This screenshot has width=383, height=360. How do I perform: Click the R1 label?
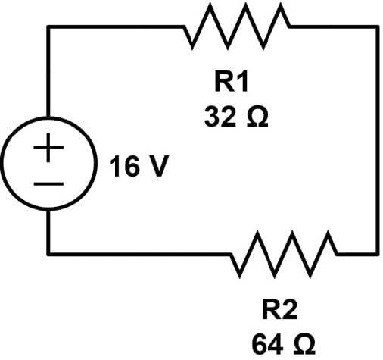232,82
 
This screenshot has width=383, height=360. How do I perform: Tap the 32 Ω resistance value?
236,117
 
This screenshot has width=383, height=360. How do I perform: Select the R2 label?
279,309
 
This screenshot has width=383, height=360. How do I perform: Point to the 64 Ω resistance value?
283,344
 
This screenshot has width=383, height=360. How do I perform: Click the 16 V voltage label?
139,167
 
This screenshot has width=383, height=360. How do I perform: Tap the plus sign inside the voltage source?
48,147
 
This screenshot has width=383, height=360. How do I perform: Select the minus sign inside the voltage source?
48,183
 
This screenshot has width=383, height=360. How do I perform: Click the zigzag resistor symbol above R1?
237,27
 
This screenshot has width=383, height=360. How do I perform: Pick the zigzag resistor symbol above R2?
284,255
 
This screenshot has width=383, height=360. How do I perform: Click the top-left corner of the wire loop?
48,27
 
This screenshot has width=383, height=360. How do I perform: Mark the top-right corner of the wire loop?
378,27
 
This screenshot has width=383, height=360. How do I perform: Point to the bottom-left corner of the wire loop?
48,254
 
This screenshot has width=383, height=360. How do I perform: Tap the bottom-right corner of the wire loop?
378,254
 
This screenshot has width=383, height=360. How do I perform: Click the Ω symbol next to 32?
257,117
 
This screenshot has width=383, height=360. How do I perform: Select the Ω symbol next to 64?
304,344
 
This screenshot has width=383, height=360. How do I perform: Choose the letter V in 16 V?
159,167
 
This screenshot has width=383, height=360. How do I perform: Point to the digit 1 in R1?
243,82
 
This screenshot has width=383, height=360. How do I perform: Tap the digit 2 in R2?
290,309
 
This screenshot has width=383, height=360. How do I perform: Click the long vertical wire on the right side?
378,140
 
